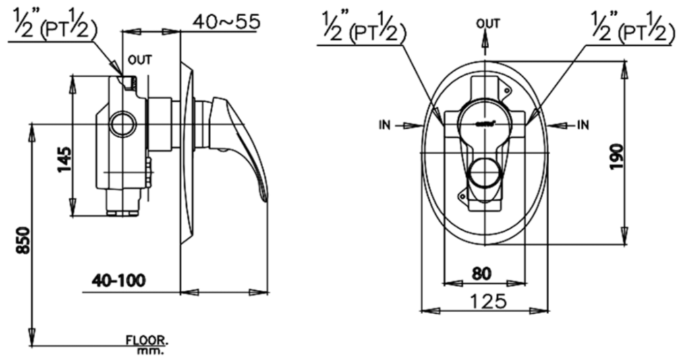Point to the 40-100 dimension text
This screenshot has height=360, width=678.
coord(119,280)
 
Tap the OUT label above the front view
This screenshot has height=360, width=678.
coord(488,24)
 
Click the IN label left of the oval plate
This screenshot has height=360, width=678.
coord(385,125)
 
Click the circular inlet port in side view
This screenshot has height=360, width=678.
coord(123,124)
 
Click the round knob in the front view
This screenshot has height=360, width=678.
coord(484,174)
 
